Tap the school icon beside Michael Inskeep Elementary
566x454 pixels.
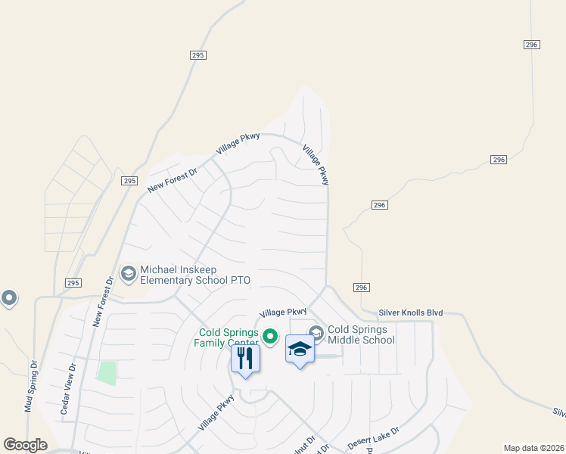(128, 273)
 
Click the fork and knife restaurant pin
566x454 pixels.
(245, 358)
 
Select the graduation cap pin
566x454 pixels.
(300, 350)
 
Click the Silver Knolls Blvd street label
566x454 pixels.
(410, 313)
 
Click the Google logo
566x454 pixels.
(25, 445)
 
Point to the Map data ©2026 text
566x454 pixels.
(533, 448)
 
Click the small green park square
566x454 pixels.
(107, 373)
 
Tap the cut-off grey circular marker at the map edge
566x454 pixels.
(8, 298)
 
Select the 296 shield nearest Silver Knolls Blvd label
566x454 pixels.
(361, 287)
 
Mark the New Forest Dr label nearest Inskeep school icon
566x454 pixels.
(103, 301)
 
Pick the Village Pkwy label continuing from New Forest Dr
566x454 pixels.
(238, 144)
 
